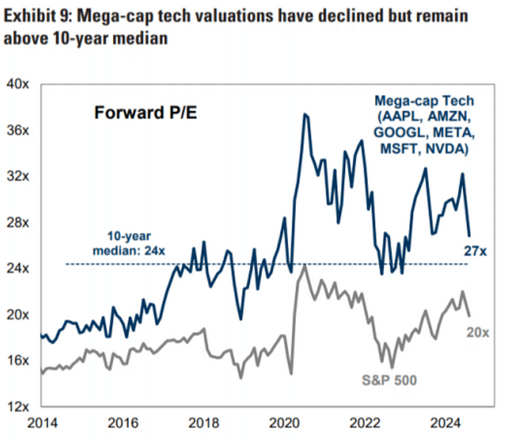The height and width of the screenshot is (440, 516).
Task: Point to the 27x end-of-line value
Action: tap(475, 251)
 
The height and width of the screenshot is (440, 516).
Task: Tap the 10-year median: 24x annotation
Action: tap(124, 245)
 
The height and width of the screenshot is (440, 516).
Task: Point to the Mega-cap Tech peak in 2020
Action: tap(304, 114)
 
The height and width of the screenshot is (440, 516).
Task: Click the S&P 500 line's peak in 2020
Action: tap(305, 265)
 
